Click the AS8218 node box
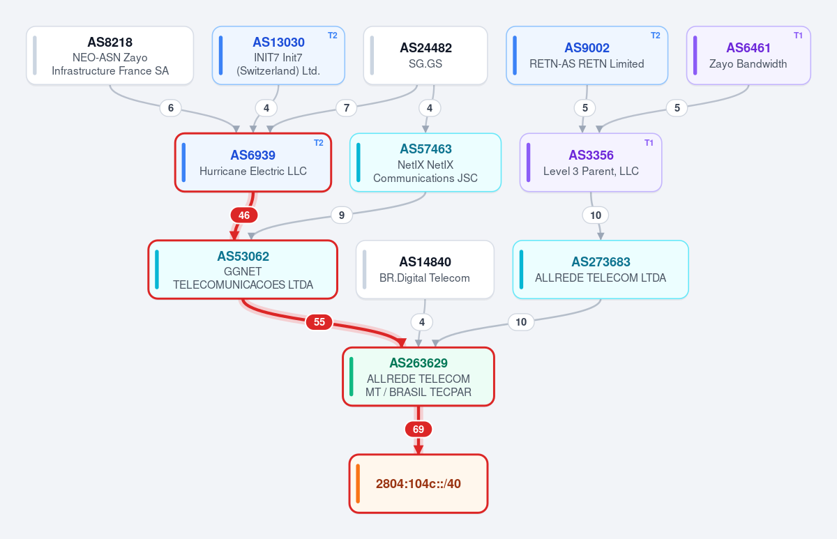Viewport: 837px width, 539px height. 110,55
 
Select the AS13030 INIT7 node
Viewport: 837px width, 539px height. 278,55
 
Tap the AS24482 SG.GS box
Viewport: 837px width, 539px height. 425,55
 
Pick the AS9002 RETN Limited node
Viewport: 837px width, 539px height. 587,55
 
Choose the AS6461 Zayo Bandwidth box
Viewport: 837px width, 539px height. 748,55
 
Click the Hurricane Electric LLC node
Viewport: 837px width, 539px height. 253,162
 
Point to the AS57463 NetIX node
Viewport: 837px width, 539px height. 425,162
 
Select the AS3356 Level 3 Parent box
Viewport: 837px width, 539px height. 591,162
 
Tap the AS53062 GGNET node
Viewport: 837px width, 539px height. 243,270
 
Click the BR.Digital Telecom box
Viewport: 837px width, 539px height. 425,270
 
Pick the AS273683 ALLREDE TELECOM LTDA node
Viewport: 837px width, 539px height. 601,270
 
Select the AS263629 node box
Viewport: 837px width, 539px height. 418,377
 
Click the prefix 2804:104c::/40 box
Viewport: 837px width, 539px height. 418,484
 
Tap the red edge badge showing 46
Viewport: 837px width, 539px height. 244,215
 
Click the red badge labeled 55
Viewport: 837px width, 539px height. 319,322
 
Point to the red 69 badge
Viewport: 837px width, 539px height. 418,430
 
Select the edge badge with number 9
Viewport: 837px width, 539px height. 342,215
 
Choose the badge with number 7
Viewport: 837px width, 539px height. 347,108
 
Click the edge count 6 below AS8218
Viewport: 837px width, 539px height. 171,108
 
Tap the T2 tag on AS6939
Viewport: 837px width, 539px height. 319,143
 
